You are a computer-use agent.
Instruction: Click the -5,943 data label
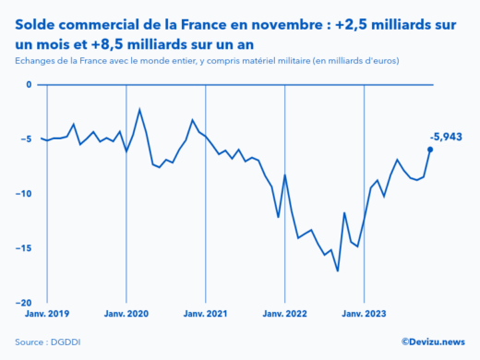point(446,137)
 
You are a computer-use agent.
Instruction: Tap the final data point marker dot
point(430,150)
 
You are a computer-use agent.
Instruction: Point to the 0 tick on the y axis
point(29,85)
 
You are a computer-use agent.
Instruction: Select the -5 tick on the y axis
point(26,139)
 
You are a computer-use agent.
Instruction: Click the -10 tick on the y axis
point(24,194)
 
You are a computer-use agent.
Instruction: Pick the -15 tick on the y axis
point(24,248)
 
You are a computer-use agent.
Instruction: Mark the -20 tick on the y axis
point(24,303)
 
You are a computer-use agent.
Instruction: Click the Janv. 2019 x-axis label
point(45,314)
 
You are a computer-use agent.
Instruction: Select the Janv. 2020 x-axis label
point(126,314)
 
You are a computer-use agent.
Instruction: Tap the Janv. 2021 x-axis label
point(205,314)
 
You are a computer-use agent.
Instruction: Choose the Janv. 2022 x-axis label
point(285,314)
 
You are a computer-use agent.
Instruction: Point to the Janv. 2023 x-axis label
point(365,314)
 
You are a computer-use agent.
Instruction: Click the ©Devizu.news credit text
point(433,342)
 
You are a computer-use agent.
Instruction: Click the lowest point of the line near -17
point(338,270)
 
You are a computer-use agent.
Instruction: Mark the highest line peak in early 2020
point(139,110)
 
